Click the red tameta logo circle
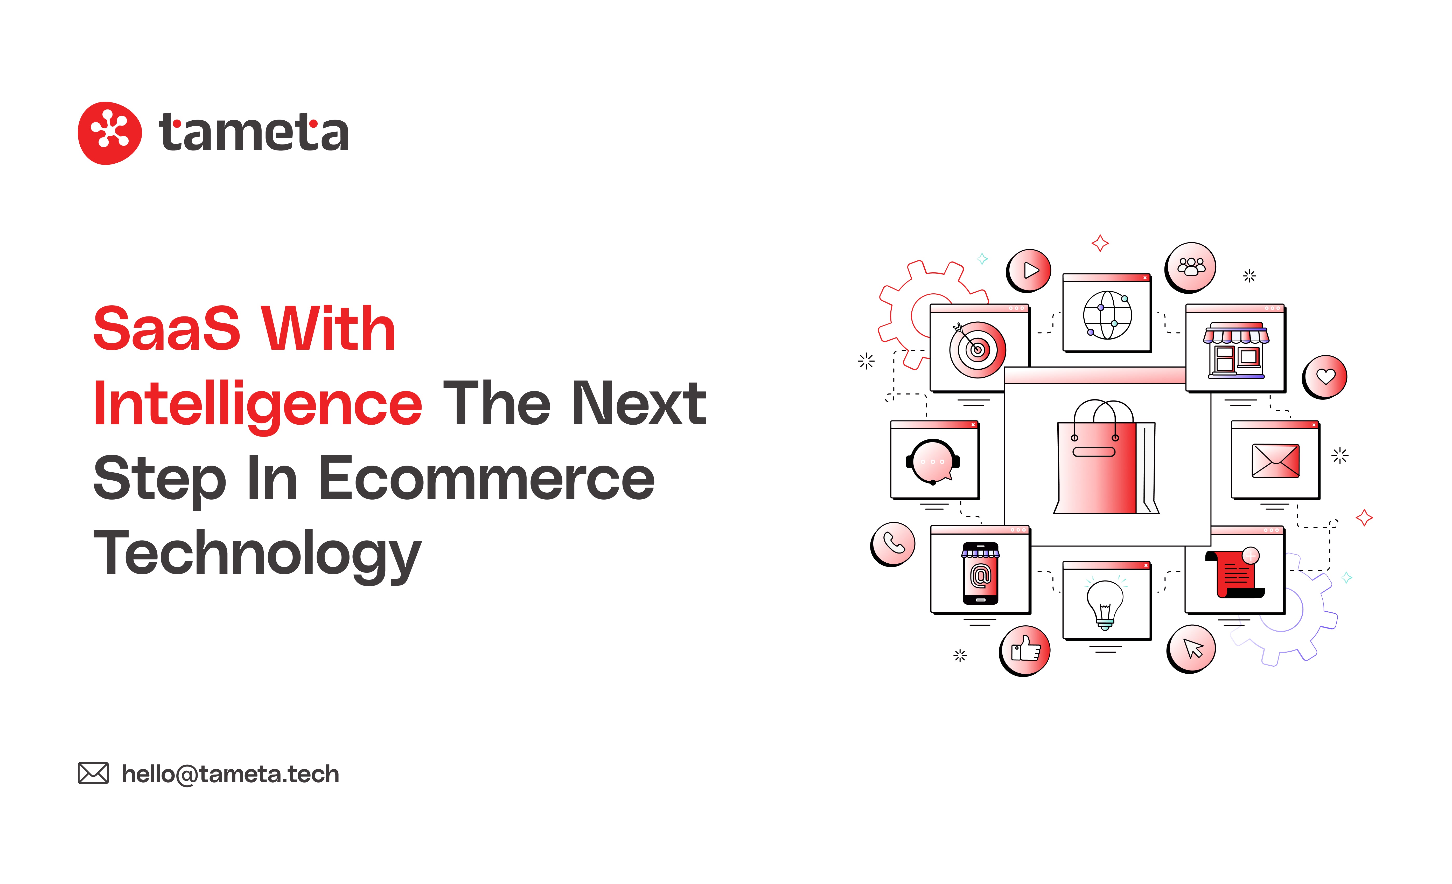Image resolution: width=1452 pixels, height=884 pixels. (x=110, y=133)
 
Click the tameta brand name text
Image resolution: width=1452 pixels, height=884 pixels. (x=253, y=132)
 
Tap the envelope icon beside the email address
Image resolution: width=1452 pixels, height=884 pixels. (x=93, y=773)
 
